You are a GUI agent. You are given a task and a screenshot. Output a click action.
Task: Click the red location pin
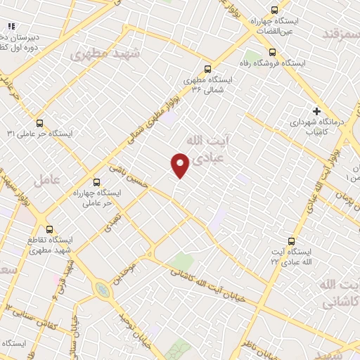click(181, 165)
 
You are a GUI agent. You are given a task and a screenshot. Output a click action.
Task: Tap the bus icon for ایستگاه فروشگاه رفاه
click(273, 51)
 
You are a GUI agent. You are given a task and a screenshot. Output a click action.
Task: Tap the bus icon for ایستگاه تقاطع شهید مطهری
click(49, 229)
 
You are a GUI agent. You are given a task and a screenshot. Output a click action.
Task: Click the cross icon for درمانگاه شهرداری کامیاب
click(316, 110)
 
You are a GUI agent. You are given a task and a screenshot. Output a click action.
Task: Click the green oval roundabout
click(103, 289)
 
